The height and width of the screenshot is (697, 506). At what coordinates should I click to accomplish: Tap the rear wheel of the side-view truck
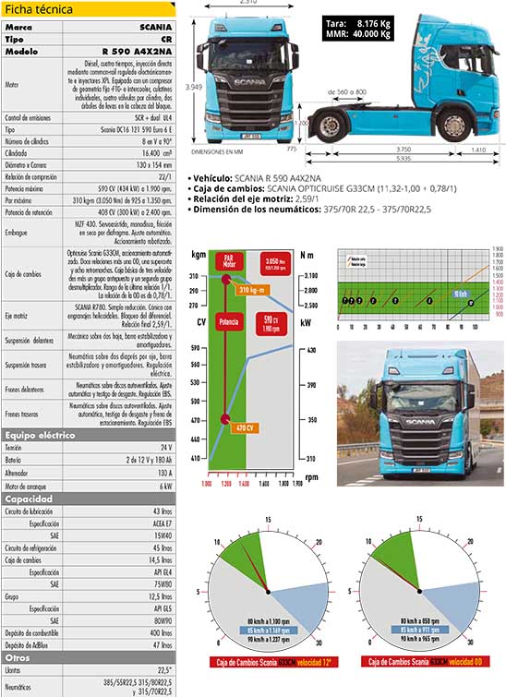point(451,125)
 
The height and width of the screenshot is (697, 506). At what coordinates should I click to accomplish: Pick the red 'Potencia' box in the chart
point(225,324)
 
